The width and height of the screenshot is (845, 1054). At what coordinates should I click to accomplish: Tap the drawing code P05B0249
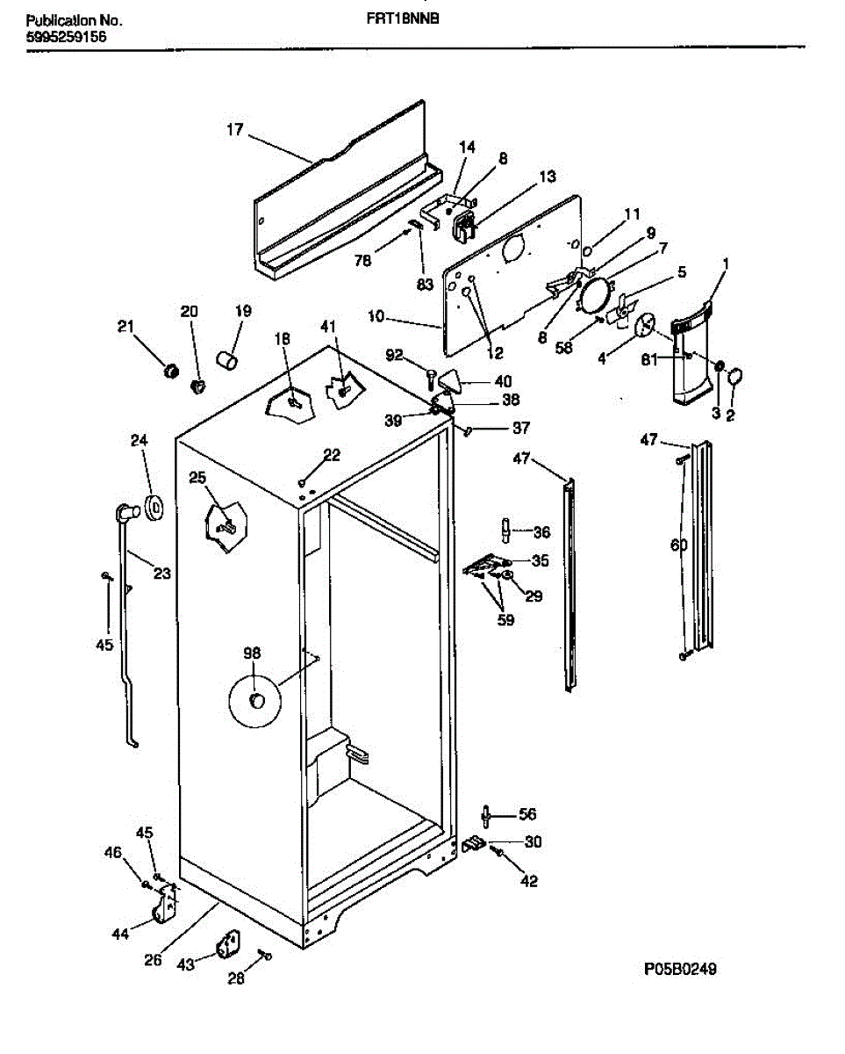click(681, 970)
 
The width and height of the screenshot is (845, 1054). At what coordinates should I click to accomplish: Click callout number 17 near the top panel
click(234, 130)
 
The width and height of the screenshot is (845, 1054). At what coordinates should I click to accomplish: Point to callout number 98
click(252, 653)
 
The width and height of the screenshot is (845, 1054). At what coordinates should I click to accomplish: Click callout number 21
click(126, 327)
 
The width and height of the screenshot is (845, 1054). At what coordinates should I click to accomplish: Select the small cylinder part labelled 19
click(228, 359)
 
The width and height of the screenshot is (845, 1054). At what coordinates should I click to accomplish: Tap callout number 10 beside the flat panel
click(376, 316)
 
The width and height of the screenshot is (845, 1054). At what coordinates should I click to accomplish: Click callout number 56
click(526, 814)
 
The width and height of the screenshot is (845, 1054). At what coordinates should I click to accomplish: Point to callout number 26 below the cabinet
click(153, 960)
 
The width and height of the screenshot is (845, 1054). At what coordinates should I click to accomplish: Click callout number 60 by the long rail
click(679, 545)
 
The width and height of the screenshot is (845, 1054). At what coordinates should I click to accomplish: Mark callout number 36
click(541, 531)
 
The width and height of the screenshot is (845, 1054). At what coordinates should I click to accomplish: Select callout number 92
click(395, 356)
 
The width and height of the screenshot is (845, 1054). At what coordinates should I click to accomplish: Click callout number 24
click(140, 441)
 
